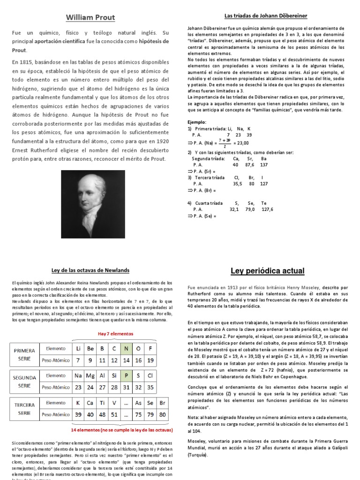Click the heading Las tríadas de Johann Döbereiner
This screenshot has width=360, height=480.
266,16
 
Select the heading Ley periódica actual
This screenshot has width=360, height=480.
268,271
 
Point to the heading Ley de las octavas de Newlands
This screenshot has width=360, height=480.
90,270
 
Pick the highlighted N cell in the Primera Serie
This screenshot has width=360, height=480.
126,348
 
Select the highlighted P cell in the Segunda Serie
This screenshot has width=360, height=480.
126,375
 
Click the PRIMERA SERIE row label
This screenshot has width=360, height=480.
25,354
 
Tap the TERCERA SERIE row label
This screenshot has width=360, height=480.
25,408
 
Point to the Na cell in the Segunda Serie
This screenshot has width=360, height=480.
78,375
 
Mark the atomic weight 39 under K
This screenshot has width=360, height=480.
78,414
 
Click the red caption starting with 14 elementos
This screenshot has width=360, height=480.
121,429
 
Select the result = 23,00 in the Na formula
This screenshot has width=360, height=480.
241,143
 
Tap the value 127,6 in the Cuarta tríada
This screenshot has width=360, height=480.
267,210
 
